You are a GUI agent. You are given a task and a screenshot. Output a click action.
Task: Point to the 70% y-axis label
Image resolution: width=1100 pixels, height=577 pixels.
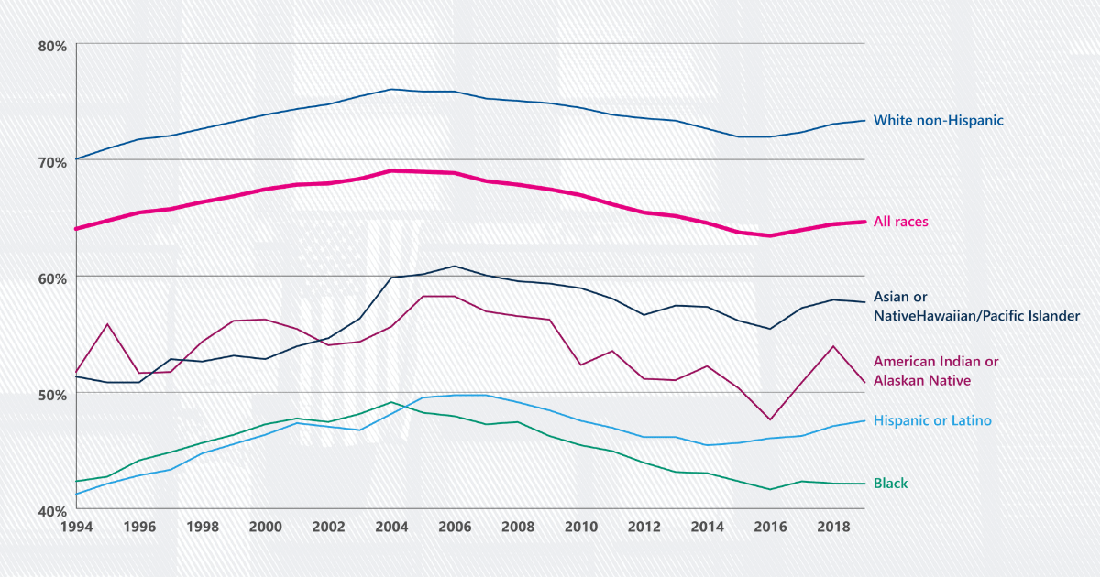coord(51,162)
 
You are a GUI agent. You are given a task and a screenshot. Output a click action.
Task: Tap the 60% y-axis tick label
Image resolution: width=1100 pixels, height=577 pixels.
coord(51,278)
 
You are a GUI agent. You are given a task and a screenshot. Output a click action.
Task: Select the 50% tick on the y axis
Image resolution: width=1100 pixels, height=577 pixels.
coord(51,395)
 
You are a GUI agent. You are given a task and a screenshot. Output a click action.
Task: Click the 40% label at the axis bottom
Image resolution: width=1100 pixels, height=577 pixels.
coord(51,511)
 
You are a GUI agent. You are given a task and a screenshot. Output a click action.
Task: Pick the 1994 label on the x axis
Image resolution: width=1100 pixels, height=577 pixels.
coord(76,528)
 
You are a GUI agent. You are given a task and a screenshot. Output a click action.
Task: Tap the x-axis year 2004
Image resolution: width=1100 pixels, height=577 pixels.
coord(391,528)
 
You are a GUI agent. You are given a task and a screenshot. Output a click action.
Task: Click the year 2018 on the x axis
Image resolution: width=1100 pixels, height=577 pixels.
coord(832,528)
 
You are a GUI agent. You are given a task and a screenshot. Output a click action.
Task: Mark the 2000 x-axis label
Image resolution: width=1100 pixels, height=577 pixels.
coord(265,528)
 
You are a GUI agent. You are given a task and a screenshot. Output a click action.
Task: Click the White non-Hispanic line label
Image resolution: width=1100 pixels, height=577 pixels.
coord(939,120)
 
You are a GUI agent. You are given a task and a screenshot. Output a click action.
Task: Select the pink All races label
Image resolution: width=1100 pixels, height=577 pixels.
coord(902,222)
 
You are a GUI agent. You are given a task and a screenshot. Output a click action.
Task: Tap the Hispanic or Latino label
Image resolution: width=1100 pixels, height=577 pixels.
coord(932,420)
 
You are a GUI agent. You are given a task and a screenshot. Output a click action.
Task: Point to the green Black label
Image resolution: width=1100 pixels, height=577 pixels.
coord(890,484)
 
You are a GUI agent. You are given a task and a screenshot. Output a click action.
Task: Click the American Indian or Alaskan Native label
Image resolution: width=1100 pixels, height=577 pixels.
coord(935,371)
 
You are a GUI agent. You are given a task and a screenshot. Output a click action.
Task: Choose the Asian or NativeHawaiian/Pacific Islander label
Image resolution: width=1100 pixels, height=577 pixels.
coord(976,306)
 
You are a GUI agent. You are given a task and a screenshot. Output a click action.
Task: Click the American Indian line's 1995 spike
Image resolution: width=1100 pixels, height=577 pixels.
coord(108,324)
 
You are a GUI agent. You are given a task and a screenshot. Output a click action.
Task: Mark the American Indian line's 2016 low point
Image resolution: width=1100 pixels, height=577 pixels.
coord(770,419)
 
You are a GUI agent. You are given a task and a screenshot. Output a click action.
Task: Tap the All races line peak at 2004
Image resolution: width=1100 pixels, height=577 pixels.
coord(391,170)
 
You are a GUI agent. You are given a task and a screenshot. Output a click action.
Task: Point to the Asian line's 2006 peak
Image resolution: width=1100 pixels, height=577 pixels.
coord(455,267)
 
